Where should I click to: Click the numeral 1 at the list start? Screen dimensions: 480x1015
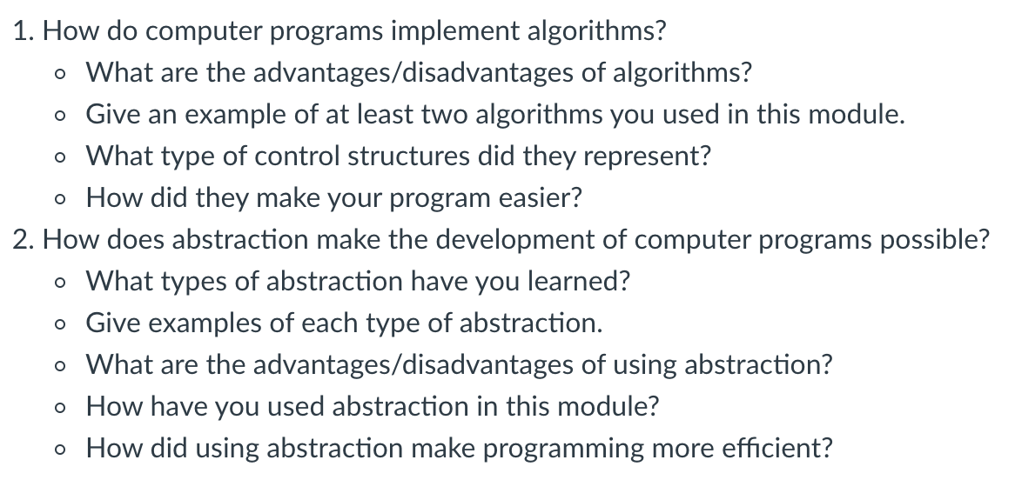point(22,31)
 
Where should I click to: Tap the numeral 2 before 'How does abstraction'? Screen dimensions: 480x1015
point(22,241)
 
